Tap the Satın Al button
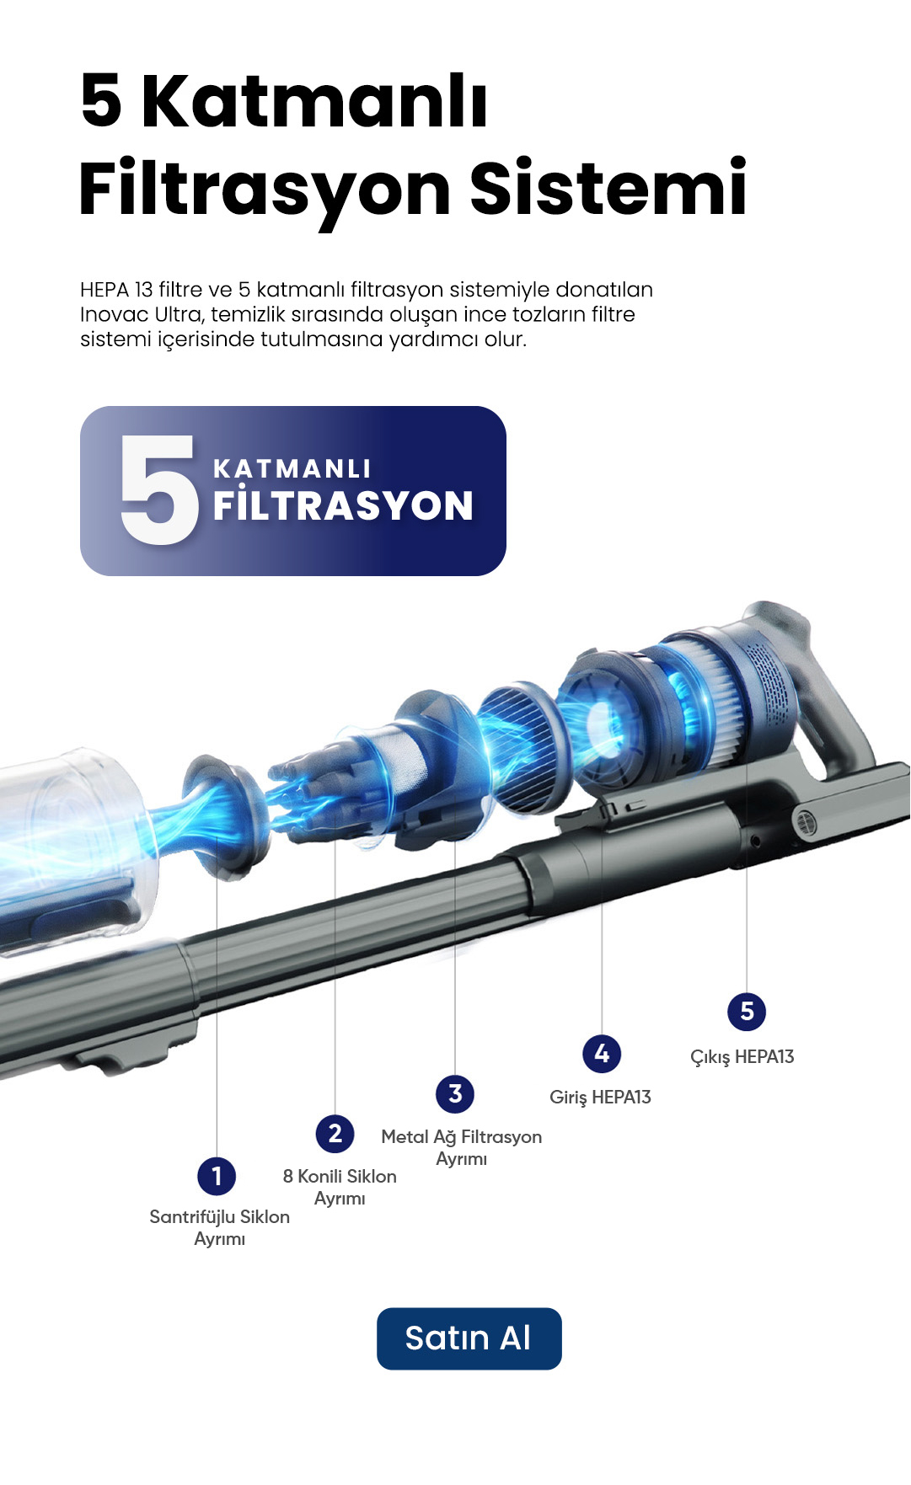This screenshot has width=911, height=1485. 469,1338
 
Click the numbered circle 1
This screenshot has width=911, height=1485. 217,1176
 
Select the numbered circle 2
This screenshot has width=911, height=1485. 335,1134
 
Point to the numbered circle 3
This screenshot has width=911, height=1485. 455,1093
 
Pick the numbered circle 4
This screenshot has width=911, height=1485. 602,1053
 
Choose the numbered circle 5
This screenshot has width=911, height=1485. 747,1011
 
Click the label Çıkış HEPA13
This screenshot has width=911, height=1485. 742,1057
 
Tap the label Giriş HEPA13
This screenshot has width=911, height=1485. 600,1098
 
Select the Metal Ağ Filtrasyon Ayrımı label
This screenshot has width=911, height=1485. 462,1147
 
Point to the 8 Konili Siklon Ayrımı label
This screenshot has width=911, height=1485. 340,1187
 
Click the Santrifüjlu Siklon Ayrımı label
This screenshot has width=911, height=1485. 220,1227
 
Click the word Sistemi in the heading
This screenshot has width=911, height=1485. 608,188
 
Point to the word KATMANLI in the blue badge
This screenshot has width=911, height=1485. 292,468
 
